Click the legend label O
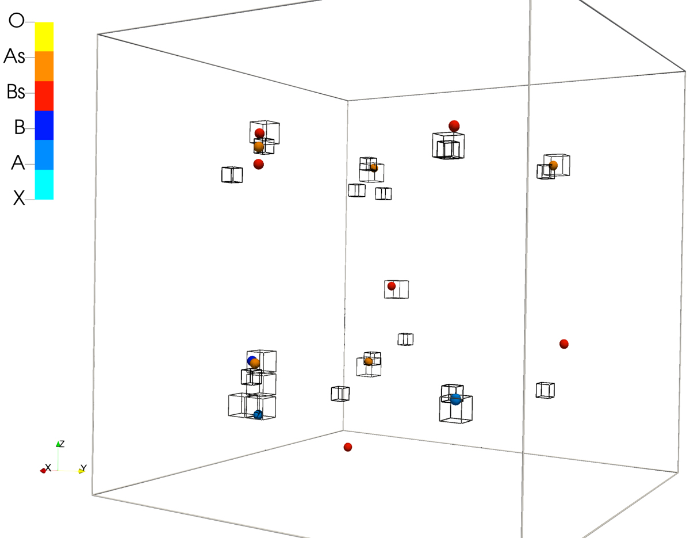[17, 21]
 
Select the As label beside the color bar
[14, 56]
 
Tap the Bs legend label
[16, 91]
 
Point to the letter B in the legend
[20, 127]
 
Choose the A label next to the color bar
[18, 163]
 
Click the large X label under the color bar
[19, 198]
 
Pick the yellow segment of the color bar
[44, 37]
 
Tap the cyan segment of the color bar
[44, 185]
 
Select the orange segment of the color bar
[44, 66]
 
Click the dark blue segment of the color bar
[44, 125]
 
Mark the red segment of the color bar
[44, 96]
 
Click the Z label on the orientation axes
[62, 444]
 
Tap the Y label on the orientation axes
[83, 467]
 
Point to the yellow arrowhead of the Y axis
[82, 471]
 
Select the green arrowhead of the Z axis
[58, 444]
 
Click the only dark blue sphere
[251, 361]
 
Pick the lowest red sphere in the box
[348, 447]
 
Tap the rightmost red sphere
[564, 344]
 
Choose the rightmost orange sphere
[553, 165]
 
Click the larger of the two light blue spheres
[455, 399]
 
